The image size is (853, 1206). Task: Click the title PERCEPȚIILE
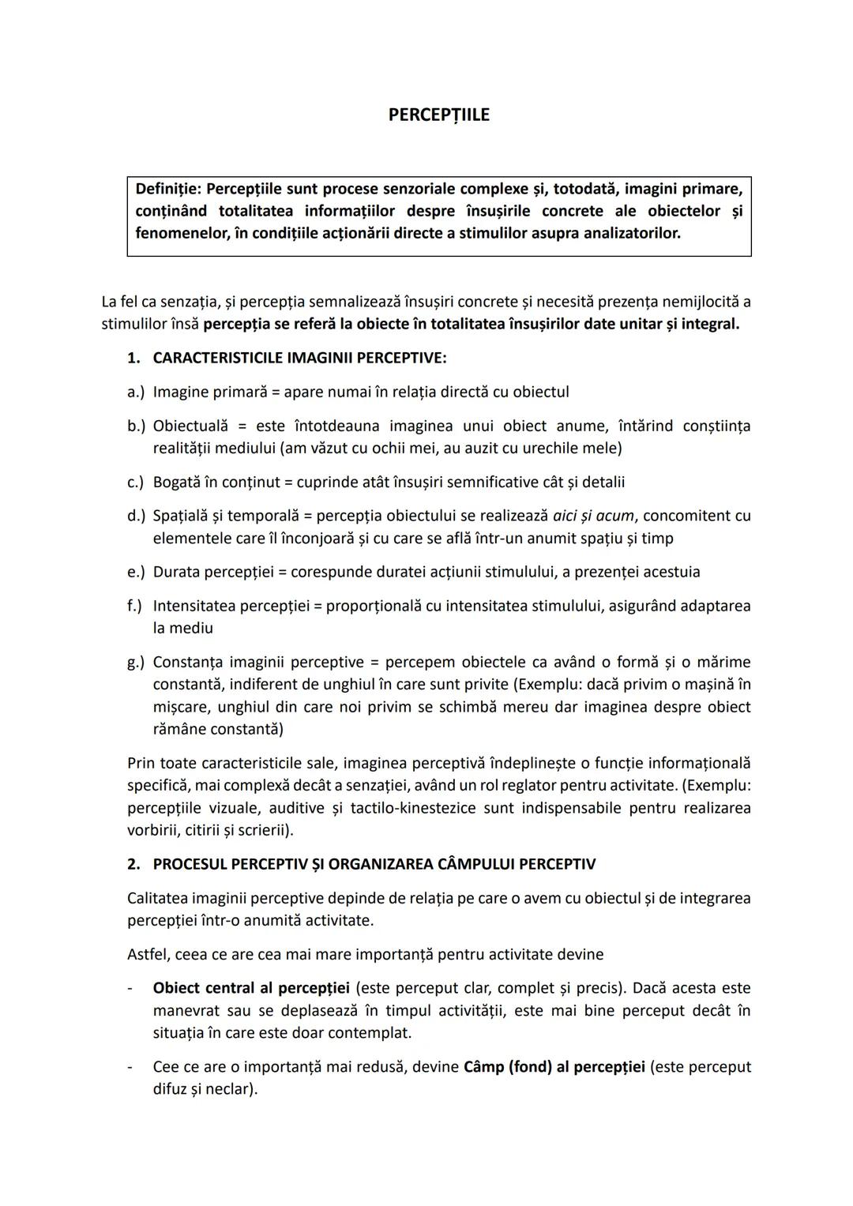pyautogui.click(x=438, y=115)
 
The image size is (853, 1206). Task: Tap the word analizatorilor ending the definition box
pyautogui.click(x=631, y=234)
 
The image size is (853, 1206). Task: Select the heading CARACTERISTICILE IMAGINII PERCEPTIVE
pyautogui.click(x=299, y=358)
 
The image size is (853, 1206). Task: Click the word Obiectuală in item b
pyautogui.click(x=190, y=426)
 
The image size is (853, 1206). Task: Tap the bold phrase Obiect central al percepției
pyautogui.click(x=250, y=988)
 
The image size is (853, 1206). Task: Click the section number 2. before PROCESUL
pyautogui.click(x=133, y=864)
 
